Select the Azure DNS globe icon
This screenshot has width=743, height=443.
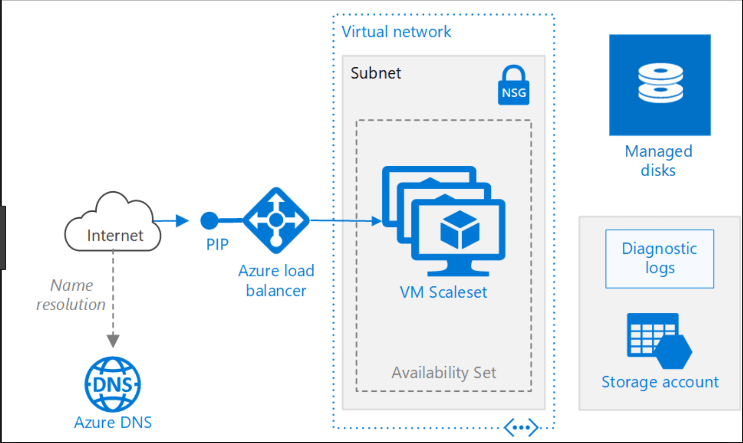coord(112,384)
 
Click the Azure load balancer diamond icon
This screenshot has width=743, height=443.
coord(276,220)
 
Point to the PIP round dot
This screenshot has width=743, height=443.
coord(209,221)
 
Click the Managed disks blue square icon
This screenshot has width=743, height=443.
coord(660,85)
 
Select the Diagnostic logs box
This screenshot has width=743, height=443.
coord(659,259)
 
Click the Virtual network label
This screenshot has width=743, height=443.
coord(396,32)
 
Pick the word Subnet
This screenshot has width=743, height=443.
coord(376,73)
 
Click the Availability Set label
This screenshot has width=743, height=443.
coord(444,373)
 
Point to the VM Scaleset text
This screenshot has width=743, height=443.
coord(443,292)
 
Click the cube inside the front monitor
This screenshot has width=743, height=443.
coord(460,230)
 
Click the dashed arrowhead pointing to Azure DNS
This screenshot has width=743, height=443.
coord(113,340)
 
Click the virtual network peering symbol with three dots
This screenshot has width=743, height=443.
coord(521,428)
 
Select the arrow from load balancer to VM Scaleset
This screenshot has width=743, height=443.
coord(346,221)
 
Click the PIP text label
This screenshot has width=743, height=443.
coord(217,245)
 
